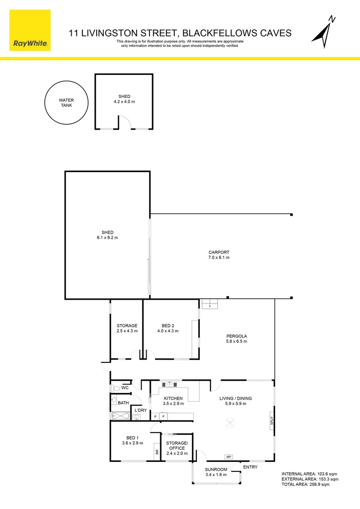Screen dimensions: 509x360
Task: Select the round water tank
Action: click(x=66, y=103)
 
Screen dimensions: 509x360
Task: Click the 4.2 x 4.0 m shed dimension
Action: click(x=124, y=102)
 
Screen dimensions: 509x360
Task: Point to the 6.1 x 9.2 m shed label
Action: click(x=107, y=238)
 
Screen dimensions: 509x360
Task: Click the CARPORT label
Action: click(x=219, y=252)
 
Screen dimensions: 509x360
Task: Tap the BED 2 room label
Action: click(x=168, y=326)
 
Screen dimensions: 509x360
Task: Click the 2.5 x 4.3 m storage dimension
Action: click(x=127, y=331)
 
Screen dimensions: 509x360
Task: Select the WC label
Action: click(x=125, y=388)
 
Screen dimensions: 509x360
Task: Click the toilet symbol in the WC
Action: click(x=115, y=388)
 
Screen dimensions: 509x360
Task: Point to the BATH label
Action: click(x=123, y=403)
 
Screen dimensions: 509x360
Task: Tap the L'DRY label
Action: click(x=140, y=410)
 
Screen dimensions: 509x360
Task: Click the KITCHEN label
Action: click(x=173, y=398)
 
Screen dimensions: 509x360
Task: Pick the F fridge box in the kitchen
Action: click(x=163, y=417)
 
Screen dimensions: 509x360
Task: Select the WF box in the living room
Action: click(x=229, y=457)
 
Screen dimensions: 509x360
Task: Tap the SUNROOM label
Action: click(x=216, y=469)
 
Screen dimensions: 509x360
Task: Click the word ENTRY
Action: click(x=250, y=467)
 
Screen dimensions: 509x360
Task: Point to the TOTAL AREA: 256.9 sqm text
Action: click(x=305, y=484)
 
